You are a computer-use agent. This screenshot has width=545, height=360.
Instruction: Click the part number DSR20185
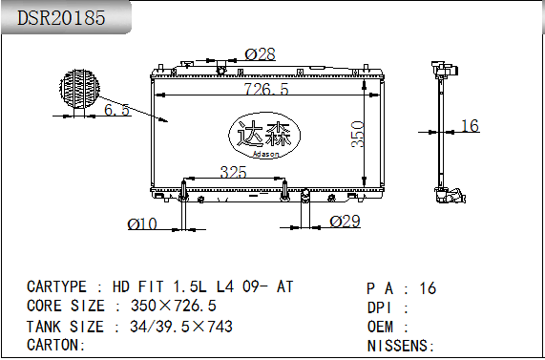click(61, 18)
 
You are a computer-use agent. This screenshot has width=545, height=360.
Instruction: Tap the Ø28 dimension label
click(260, 54)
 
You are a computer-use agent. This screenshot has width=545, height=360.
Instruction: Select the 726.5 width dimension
click(266, 89)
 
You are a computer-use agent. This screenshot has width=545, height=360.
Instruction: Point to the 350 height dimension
click(358, 135)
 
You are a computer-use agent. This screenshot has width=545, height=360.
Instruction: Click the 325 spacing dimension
click(233, 172)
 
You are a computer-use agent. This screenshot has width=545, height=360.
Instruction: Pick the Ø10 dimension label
click(142, 224)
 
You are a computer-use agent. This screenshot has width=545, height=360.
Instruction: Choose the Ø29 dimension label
click(345, 222)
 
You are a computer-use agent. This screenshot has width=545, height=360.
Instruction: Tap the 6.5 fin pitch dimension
click(116, 110)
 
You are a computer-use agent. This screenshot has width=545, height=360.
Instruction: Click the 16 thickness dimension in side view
click(470, 125)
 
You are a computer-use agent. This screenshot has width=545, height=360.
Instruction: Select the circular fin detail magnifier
click(79, 89)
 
